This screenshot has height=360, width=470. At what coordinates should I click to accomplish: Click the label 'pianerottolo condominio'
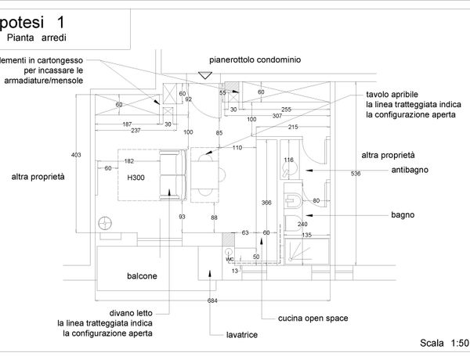(x=255, y=59)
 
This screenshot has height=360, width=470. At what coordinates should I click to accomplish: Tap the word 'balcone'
(x=143, y=276)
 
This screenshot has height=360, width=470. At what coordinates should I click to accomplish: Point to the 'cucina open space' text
(x=313, y=319)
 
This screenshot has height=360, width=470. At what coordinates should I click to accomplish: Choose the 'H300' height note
(x=137, y=178)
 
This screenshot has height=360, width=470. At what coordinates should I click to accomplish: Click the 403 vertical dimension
(x=76, y=155)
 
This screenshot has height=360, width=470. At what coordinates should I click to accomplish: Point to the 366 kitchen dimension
(x=266, y=202)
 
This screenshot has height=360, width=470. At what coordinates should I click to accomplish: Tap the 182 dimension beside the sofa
(x=129, y=161)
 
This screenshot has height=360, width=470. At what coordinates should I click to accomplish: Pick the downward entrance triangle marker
(x=204, y=75)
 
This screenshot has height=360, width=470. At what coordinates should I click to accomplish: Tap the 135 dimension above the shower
(x=307, y=234)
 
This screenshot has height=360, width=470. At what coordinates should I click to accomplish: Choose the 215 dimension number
(x=293, y=127)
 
